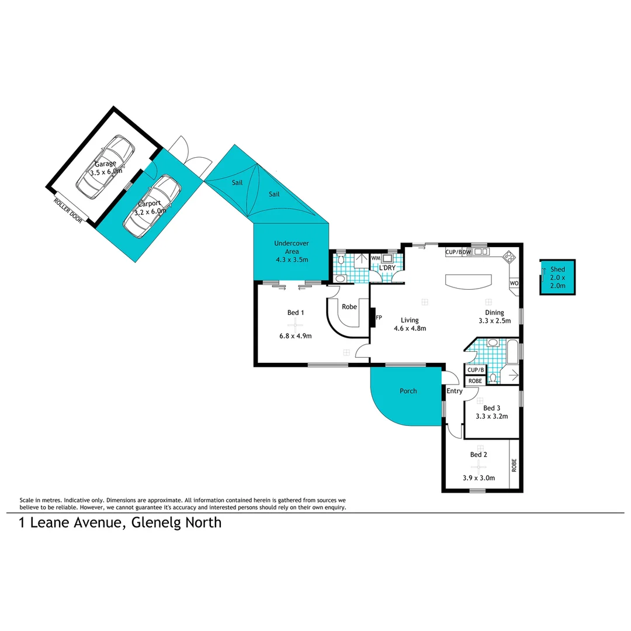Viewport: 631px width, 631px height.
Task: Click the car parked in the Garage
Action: pos(106,167)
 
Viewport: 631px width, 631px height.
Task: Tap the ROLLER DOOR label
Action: pos(68,210)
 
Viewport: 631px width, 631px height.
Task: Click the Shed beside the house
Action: pos(557,278)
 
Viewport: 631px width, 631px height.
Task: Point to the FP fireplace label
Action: pos(379,318)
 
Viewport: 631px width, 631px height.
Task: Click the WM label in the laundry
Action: pos(376,258)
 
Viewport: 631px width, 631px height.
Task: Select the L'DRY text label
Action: pos(387,268)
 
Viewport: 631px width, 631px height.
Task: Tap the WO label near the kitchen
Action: pos(514,283)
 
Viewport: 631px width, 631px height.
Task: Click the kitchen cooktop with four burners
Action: pos(509,256)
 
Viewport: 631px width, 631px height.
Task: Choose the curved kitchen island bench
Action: pos(469,281)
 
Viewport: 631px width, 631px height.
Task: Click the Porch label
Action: pos(408,391)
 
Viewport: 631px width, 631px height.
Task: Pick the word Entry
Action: pos(455,391)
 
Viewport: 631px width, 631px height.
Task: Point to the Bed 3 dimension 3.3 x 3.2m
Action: pos(491,417)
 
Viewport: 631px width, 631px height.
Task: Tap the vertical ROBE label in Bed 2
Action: pos(514,465)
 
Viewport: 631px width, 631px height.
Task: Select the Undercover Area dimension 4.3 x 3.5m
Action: pos(292,259)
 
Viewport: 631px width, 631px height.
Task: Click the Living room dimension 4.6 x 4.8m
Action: pos(410,328)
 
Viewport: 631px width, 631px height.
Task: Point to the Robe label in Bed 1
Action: pos(349,306)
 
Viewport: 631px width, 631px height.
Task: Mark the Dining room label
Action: pos(494,313)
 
